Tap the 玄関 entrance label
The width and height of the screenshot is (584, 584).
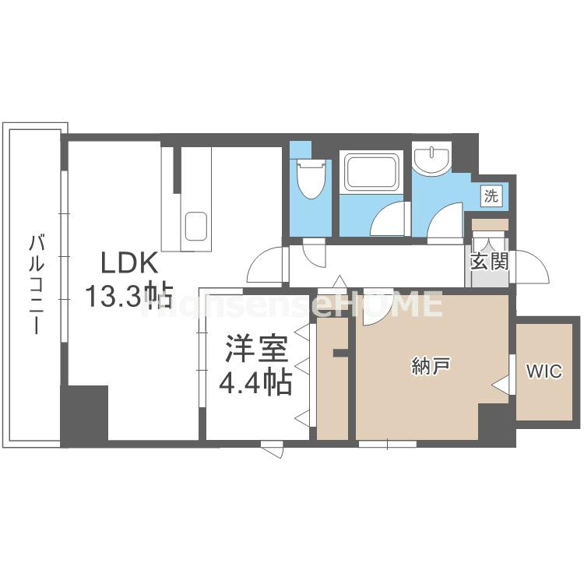pos(489,261)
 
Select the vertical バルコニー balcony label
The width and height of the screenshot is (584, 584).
pos(35,283)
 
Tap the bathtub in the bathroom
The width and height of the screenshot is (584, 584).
pos(372,171)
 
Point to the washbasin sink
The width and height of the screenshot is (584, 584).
pos(431,160)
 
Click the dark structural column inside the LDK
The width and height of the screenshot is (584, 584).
pos(84,415)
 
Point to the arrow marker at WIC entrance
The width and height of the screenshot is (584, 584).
pos(502,384)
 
